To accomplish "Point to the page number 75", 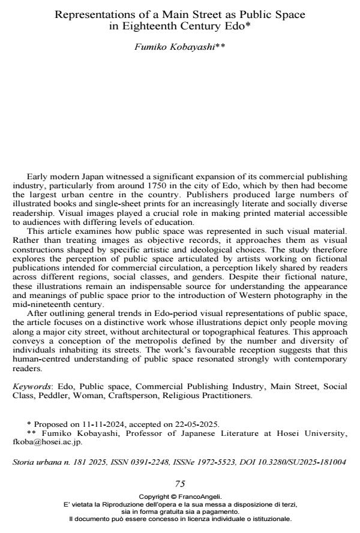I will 179,484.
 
